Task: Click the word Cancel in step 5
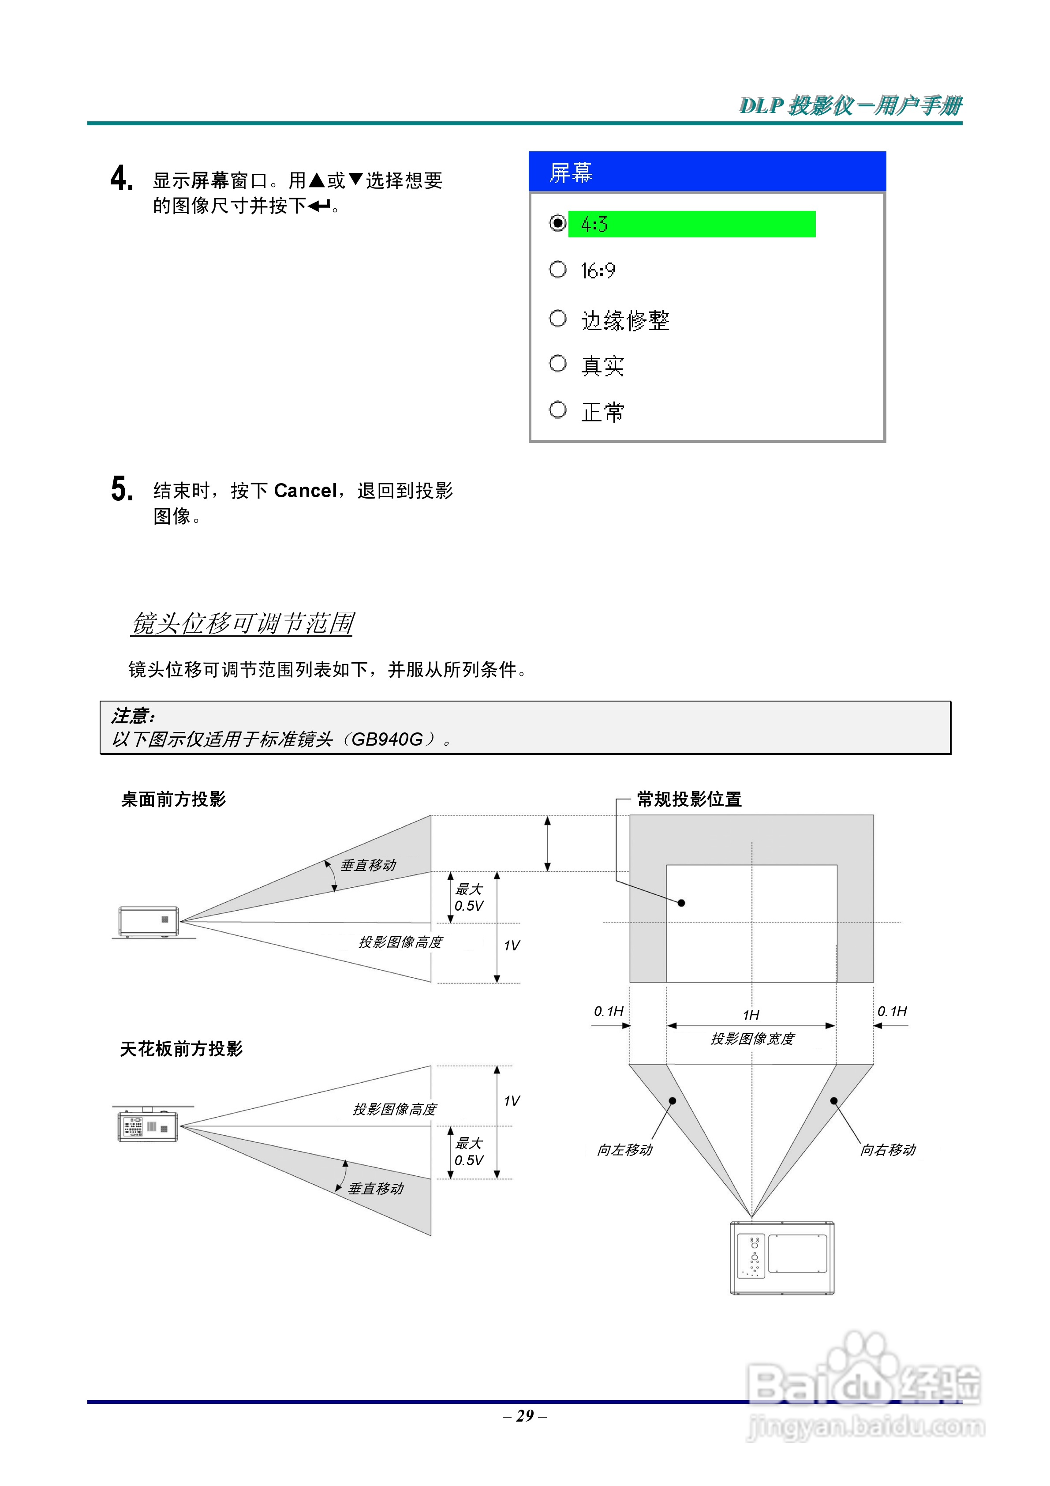pyautogui.click(x=305, y=491)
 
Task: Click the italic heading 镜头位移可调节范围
pyautogui.click(x=243, y=623)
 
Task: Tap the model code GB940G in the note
pyautogui.click(x=386, y=739)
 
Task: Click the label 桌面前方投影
pyautogui.click(x=173, y=799)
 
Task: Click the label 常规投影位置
pyautogui.click(x=689, y=799)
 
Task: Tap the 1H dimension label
pyautogui.click(x=751, y=1015)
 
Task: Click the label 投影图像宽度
pyautogui.click(x=752, y=1039)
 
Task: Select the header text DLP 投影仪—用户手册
pyautogui.click(x=850, y=105)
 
